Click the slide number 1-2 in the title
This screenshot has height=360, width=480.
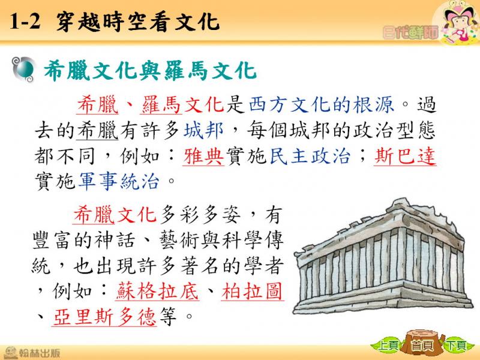(25, 22)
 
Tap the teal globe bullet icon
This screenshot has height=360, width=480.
(23, 70)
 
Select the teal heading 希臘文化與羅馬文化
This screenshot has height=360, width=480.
(150, 70)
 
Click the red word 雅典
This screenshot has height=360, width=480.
(203, 156)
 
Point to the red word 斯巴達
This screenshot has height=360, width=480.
(404, 156)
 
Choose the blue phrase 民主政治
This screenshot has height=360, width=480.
(310, 156)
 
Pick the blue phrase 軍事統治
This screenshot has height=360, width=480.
(119, 181)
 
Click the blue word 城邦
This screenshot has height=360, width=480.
(203, 130)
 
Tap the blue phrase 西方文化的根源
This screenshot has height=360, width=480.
(321, 104)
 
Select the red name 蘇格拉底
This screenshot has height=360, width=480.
(157, 291)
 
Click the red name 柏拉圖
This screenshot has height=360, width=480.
(252, 291)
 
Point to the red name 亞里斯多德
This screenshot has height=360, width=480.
(104, 317)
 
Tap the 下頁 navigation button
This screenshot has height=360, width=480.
(456, 346)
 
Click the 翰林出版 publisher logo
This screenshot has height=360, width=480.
(32, 353)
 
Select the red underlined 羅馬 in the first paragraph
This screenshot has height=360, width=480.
(161, 104)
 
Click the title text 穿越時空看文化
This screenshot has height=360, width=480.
(138, 22)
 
